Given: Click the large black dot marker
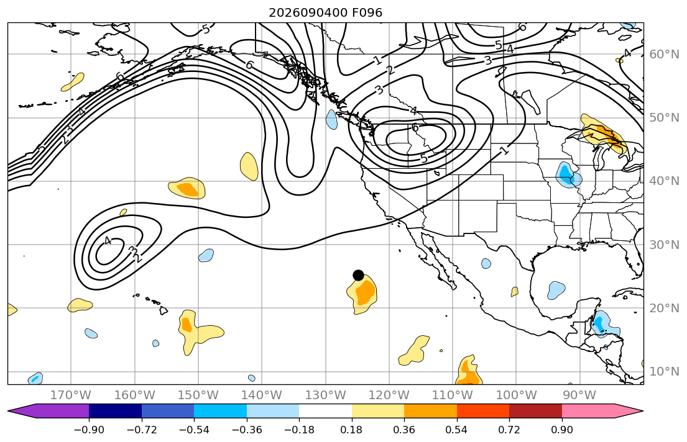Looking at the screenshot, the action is coord(358,275).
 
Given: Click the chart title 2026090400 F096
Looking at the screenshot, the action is coord(326,12).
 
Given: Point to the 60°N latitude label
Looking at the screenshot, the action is coord(664,54).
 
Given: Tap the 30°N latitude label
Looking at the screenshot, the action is coord(664,245).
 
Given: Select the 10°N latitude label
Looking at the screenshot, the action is coord(664,372).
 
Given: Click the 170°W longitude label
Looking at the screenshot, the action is coord(71,395).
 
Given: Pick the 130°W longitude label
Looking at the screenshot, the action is coord(326,395).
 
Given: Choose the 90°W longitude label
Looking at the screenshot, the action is coord(579,395).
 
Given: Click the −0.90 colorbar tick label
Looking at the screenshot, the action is coord(89,430).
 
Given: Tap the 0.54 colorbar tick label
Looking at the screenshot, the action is coord(456,430).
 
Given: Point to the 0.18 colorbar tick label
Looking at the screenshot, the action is coord(351,430).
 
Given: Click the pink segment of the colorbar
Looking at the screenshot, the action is coord(588,411).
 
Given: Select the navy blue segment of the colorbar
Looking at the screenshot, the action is coord(115,411).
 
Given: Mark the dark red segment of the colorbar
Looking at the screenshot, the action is coord(535,411).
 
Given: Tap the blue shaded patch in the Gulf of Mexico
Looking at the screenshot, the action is coord(556,290).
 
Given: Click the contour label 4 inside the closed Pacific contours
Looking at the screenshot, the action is coord(108,241).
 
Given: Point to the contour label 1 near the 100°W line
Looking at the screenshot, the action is coord(505,151).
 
